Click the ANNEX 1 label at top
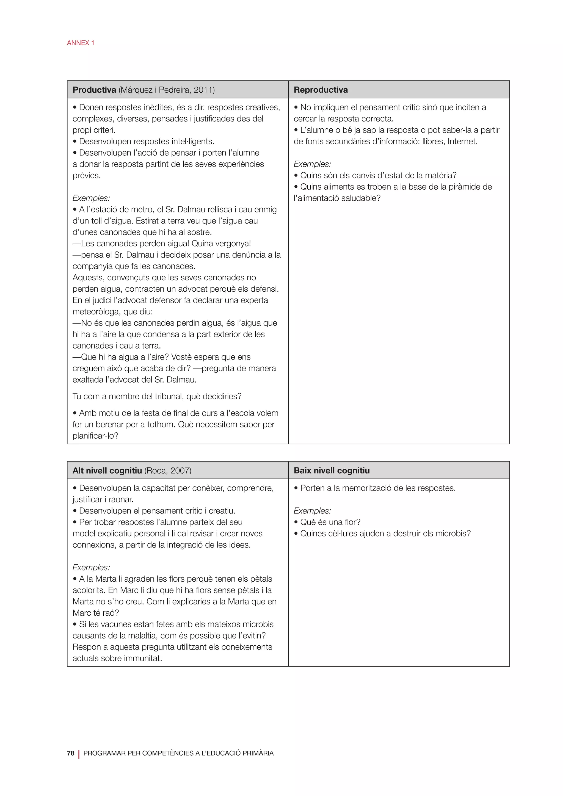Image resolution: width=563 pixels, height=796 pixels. (81, 43)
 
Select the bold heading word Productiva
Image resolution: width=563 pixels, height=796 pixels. (94, 90)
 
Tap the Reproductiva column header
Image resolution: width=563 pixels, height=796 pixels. (321, 90)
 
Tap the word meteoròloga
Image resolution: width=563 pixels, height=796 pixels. (96, 312)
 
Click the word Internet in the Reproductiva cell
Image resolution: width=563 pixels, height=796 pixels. (462, 142)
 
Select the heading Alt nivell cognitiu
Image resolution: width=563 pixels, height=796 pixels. (107, 471)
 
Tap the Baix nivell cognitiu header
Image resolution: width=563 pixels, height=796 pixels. (332, 471)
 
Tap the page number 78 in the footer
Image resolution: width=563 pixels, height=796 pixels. (71, 753)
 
